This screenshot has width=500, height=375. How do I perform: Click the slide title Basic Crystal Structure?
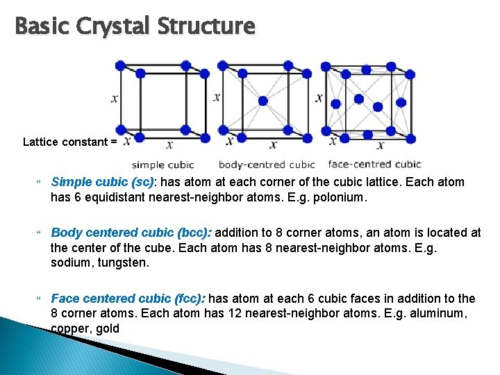tap(135, 26)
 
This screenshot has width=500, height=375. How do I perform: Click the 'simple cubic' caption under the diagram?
tap(163, 165)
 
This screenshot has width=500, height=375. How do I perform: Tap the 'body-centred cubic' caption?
tap(267, 165)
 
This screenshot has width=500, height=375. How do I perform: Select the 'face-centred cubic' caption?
tap(374, 165)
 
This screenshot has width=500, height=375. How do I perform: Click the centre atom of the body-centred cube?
tap(262, 101)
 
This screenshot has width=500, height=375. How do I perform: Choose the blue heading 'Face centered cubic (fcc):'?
tap(128, 299)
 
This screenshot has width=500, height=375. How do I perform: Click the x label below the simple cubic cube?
tap(169, 145)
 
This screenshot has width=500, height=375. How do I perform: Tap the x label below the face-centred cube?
tap(380, 145)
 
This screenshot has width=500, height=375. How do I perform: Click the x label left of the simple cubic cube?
tap(114, 99)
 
